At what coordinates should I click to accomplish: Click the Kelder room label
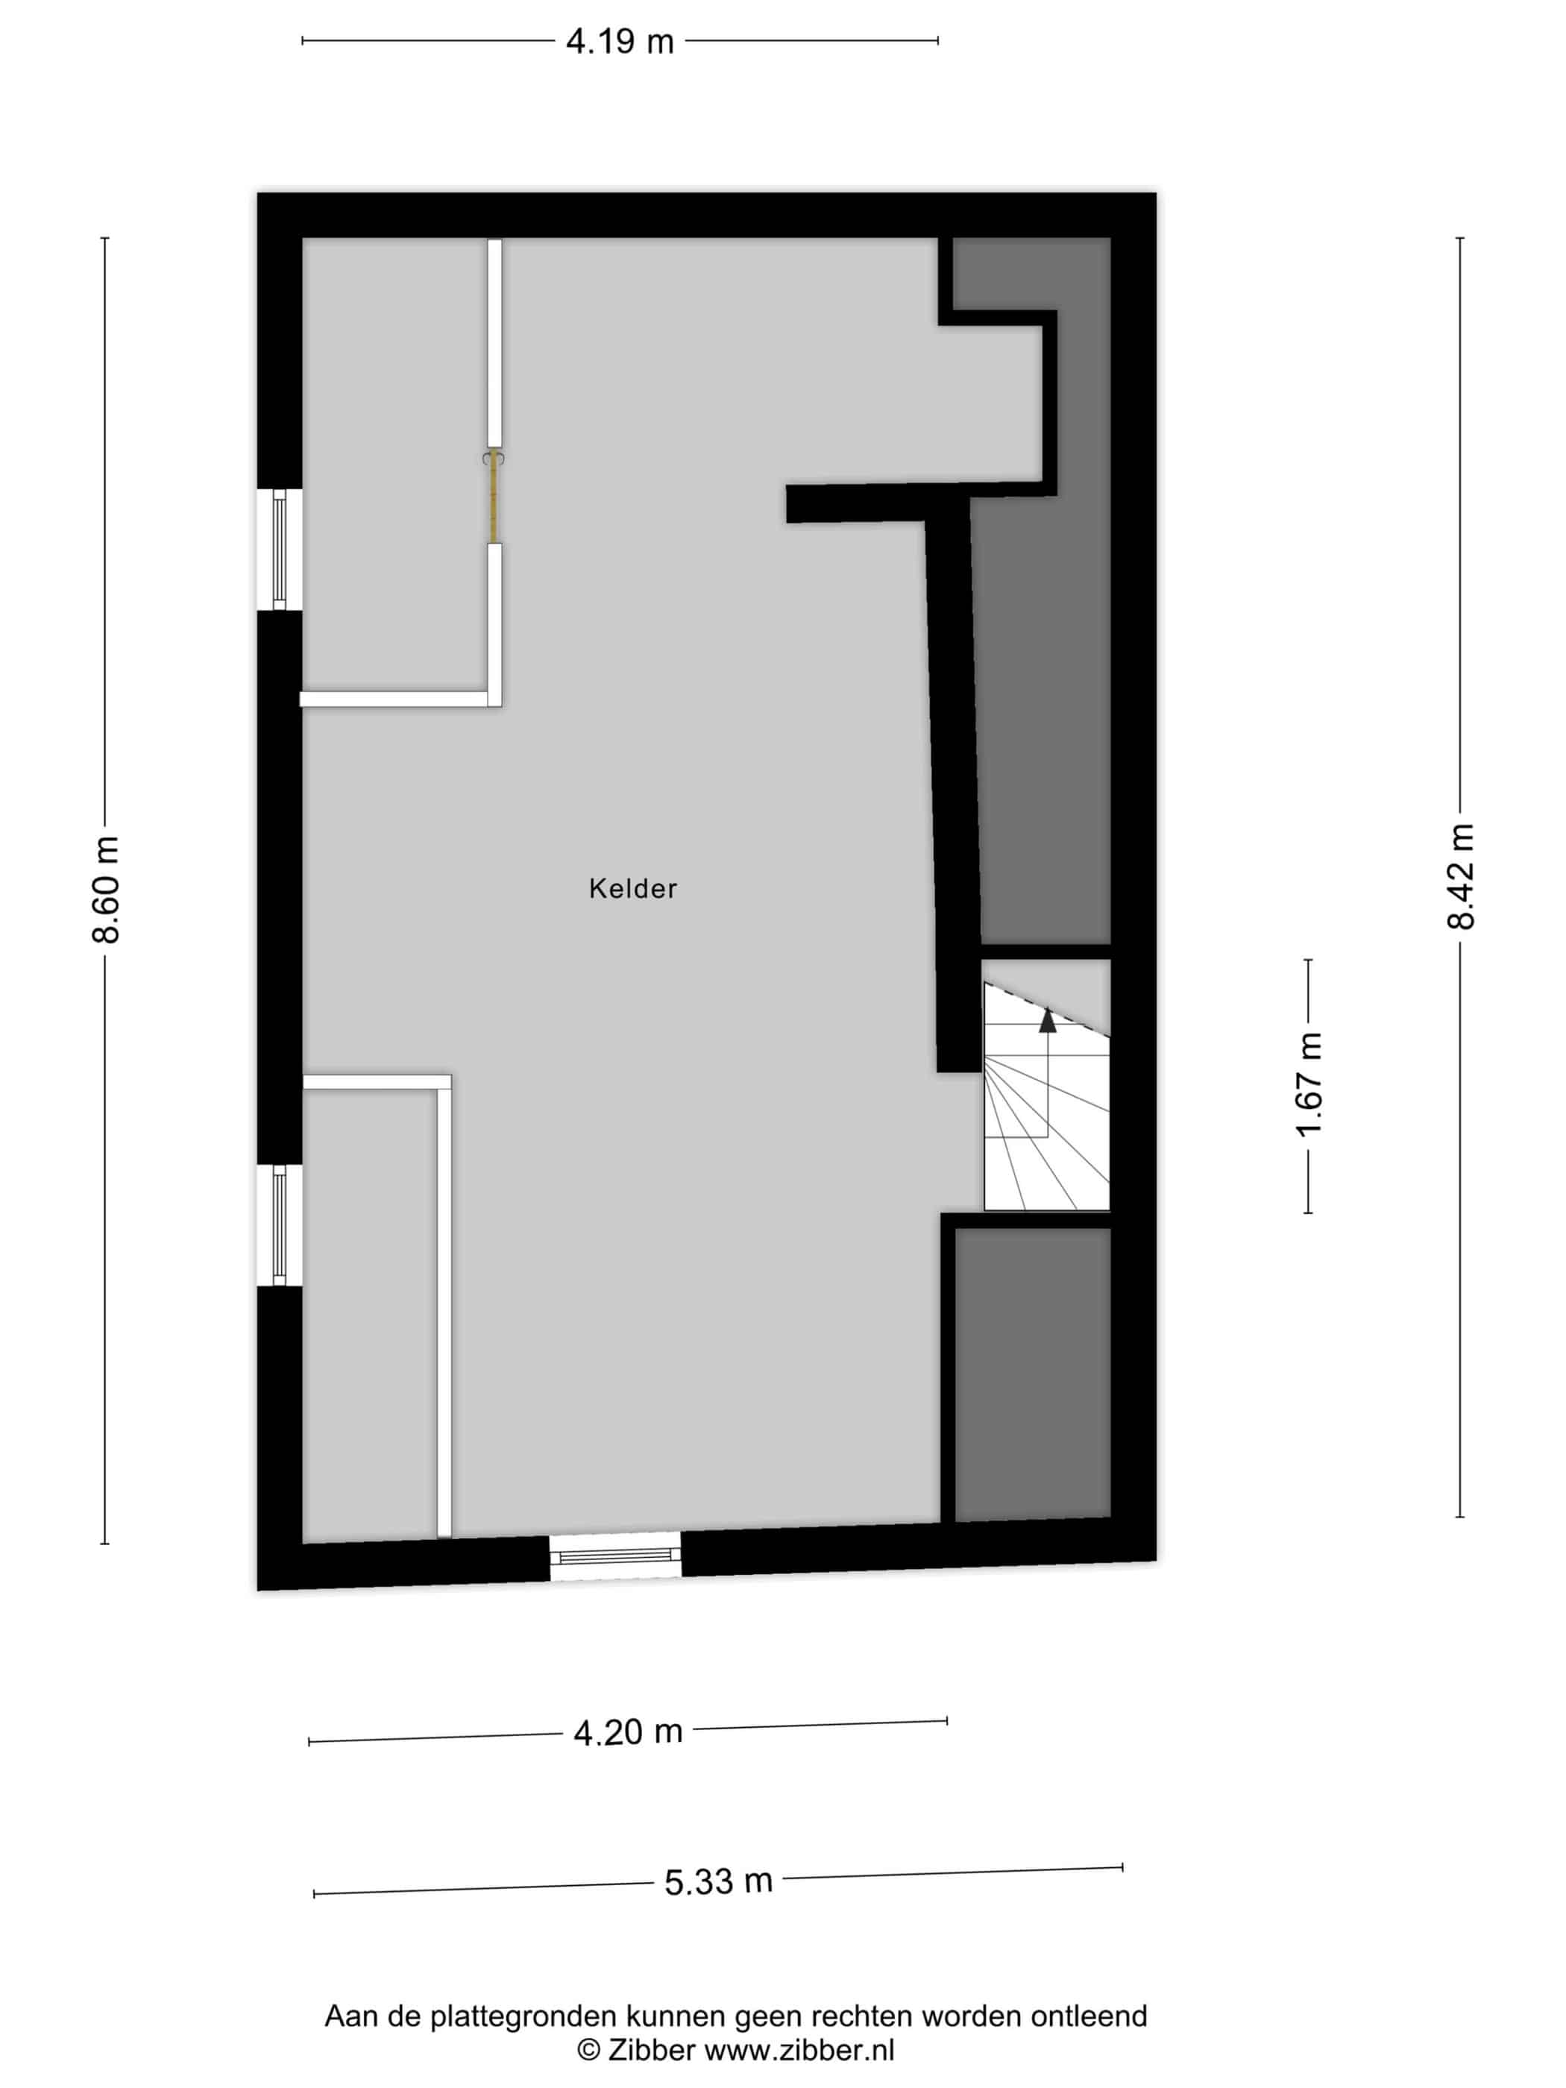[632, 888]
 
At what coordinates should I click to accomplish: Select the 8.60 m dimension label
[106, 889]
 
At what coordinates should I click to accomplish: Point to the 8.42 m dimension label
[1460, 876]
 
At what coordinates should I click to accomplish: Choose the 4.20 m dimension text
[628, 1732]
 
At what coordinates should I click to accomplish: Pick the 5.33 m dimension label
[718, 1881]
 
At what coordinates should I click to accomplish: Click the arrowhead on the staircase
[1047, 1020]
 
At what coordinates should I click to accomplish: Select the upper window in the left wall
[280, 550]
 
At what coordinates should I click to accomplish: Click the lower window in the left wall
[280, 1225]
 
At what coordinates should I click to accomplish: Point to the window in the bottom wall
[615, 1556]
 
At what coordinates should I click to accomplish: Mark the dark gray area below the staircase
[1033, 1374]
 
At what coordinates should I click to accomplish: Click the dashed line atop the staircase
[1047, 1010]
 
